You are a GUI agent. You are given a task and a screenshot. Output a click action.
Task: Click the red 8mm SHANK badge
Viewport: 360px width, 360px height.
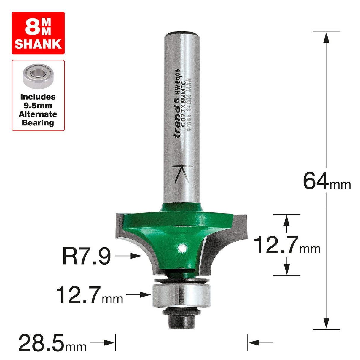pyautogui.click(x=38, y=33)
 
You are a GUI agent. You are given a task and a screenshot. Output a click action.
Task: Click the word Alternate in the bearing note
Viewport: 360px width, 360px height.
pyautogui.click(x=38, y=114)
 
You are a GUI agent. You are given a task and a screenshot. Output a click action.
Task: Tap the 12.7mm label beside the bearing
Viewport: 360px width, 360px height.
pyautogui.click(x=89, y=295)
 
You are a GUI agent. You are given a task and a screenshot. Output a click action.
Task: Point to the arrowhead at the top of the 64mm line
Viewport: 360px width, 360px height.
pyautogui.click(x=326, y=37)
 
